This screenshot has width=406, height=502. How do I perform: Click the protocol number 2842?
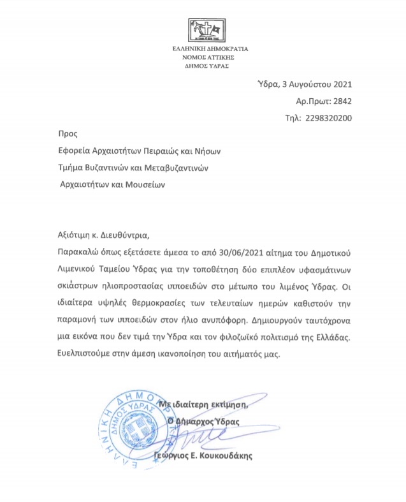342,101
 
